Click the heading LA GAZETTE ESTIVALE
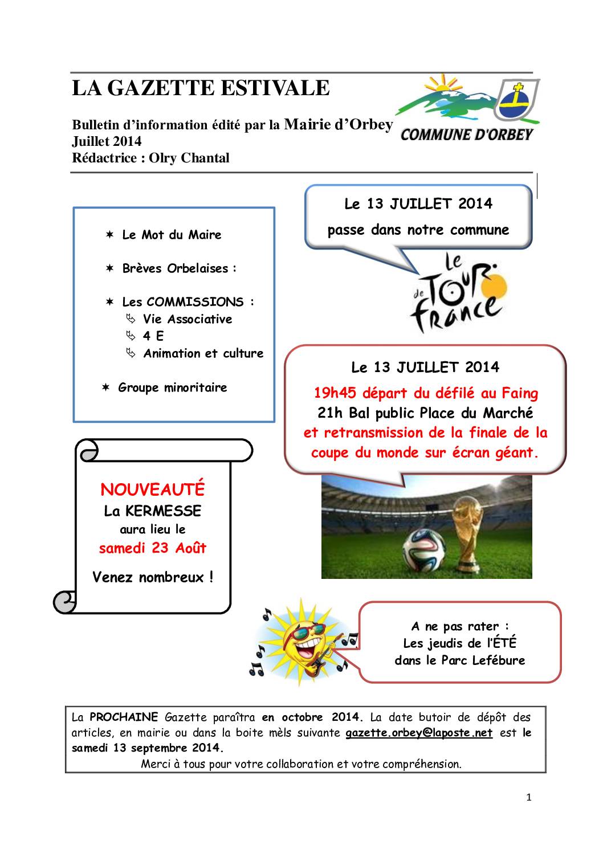point(201,88)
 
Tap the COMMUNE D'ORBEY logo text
point(467,134)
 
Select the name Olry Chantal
point(189,158)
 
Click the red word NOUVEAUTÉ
point(152,489)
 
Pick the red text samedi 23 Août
point(152,548)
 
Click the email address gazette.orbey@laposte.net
point(419,733)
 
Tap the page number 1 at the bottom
point(529,798)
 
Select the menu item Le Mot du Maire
point(172,235)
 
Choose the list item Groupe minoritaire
point(172,387)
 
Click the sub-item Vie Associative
point(188,319)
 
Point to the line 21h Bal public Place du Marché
point(425,413)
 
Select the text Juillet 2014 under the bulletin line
point(107,141)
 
